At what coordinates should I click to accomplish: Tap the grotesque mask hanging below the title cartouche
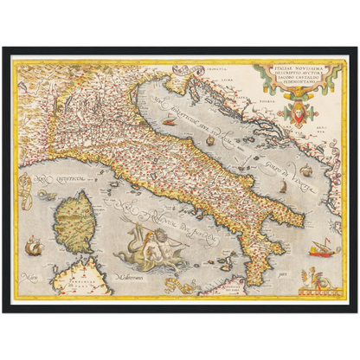point(299,112)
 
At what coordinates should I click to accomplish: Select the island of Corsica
point(74,221)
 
